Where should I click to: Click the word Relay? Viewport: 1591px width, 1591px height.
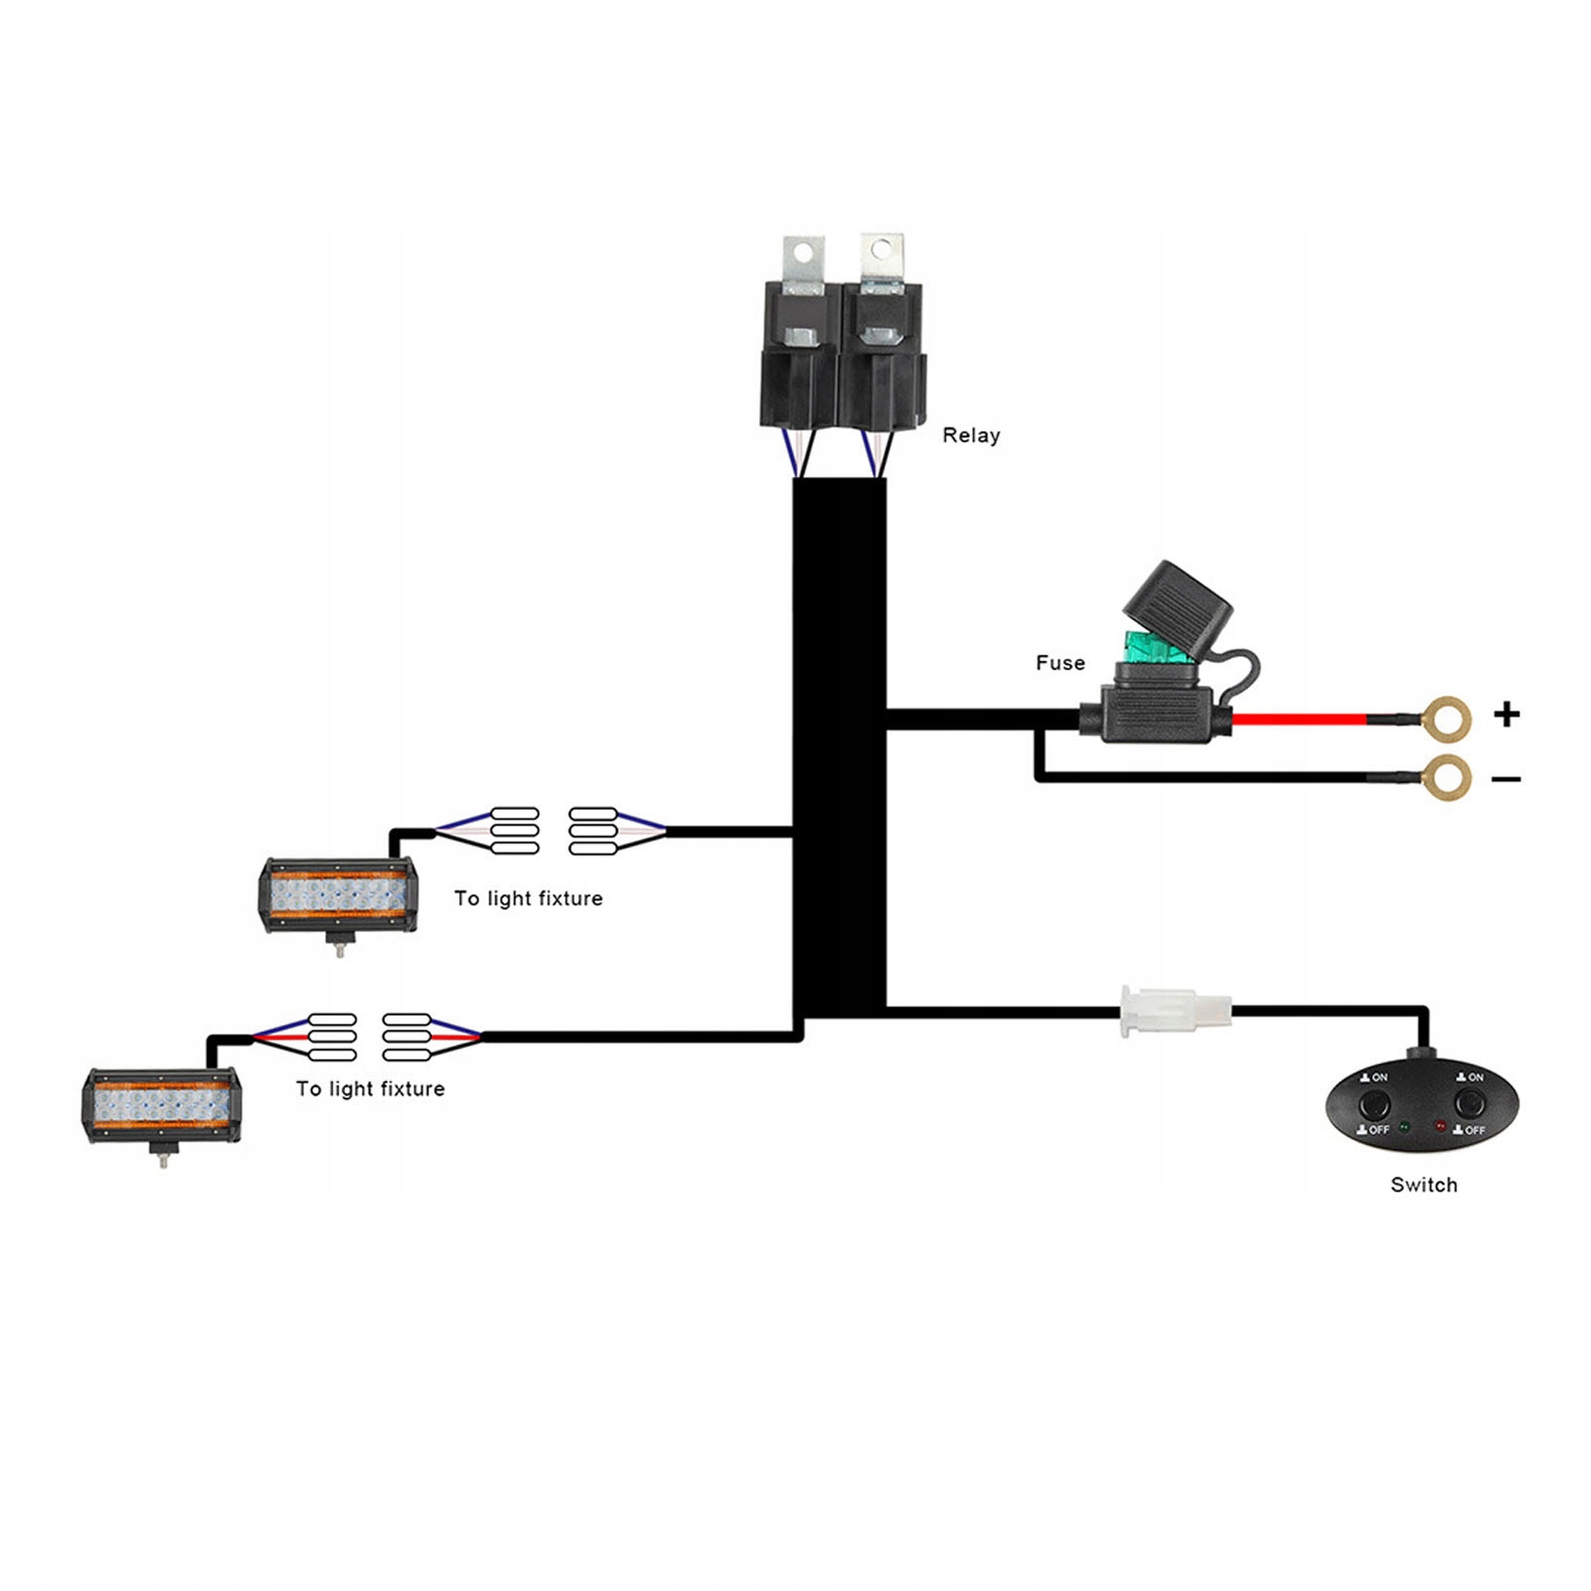[971, 435]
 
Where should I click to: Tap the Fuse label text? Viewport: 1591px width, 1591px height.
[1059, 663]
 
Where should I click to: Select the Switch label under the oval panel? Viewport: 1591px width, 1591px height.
[1423, 1185]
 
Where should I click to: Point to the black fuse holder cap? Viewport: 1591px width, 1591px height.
[1177, 601]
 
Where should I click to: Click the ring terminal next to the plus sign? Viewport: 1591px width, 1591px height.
[1446, 718]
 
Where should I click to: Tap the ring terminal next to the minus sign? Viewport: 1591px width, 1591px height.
[1446, 777]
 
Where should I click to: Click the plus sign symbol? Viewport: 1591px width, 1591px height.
[1507, 714]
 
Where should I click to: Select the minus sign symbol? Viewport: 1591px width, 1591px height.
[1507, 779]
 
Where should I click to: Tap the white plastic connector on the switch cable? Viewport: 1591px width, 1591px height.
[1175, 1011]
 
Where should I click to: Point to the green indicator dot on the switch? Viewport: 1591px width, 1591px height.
[1404, 1127]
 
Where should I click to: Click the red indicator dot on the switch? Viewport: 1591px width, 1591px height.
[1440, 1127]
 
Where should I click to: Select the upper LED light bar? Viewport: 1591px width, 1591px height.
[338, 895]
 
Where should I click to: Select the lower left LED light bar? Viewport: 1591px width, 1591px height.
[162, 1105]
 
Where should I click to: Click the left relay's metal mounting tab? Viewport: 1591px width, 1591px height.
[803, 262]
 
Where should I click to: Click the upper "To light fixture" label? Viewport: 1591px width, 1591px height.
[528, 898]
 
